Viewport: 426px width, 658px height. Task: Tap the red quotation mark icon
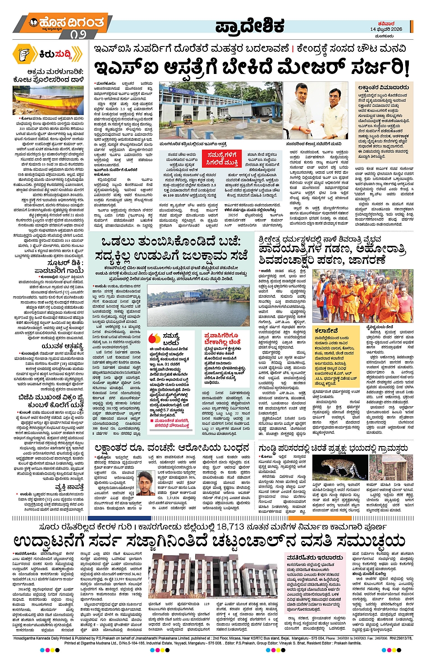pyautogui.click(x=154, y=338)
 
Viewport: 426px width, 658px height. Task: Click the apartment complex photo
pyautogui.click(x=215, y=577)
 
